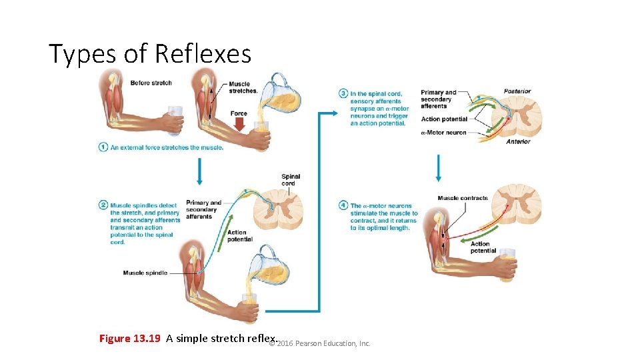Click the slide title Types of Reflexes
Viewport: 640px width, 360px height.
[150, 53]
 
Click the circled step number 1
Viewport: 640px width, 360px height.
[103, 147]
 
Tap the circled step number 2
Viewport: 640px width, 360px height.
[103, 205]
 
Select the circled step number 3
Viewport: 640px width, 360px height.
[343, 93]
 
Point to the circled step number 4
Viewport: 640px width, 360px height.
[343, 205]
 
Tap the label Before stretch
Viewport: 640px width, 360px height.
[151, 83]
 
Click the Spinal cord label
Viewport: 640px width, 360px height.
[291, 180]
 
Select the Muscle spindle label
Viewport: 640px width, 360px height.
[145, 273]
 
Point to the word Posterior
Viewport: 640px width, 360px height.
[517, 91]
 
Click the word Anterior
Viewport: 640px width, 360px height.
[518, 141]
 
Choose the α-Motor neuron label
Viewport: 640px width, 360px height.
[443, 133]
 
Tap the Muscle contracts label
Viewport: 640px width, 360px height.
[463, 198]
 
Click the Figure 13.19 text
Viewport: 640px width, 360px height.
[129, 338]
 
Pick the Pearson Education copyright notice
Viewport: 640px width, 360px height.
[319, 343]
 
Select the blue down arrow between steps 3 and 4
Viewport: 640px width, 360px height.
[438, 168]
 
